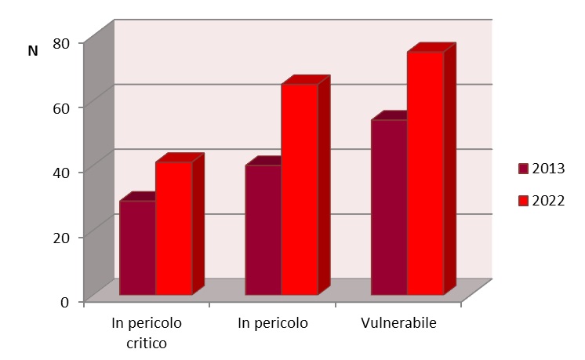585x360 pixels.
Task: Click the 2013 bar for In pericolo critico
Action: (137, 248)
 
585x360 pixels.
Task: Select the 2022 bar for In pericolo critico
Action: (173, 228)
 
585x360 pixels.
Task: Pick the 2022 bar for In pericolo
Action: (300, 189)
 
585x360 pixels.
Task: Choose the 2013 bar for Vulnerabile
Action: (389, 207)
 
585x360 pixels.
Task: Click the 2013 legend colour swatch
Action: (523, 169)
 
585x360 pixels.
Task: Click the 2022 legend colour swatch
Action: (523, 201)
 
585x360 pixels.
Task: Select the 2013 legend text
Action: (548, 169)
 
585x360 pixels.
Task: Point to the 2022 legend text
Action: (548, 201)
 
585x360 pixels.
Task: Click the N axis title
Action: (33, 51)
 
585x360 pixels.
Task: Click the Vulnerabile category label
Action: (398, 323)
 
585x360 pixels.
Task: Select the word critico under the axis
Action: (147, 343)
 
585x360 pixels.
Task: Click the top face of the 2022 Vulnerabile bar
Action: (431, 48)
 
